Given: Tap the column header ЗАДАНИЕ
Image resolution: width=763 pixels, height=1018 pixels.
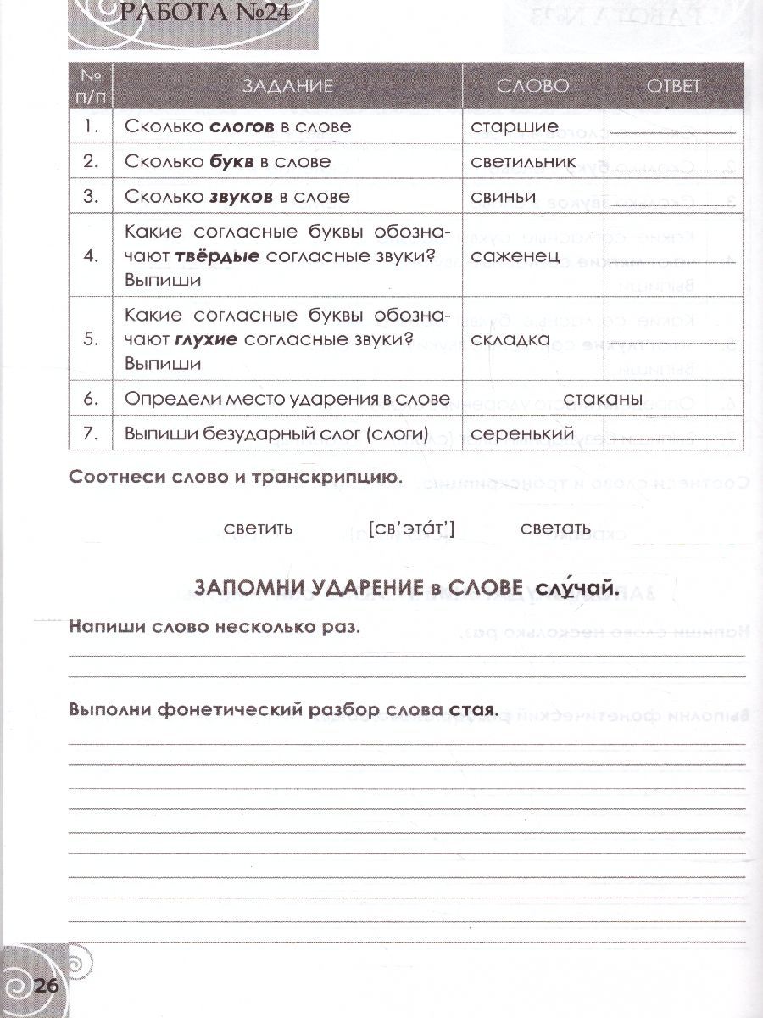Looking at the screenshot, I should (288, 87).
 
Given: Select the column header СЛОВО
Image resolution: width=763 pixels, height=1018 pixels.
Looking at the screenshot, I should (532, 87).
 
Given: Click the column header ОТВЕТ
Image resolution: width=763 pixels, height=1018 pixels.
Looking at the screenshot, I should (674, 87).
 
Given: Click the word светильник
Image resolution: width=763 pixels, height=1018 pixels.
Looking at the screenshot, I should (523, 161).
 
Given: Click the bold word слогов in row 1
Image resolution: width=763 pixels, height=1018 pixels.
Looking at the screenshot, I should (242, 126).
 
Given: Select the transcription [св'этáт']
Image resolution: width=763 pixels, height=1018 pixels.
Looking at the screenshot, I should (413, 529).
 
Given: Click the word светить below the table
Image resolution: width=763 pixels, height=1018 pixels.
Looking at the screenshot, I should (258, 529).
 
